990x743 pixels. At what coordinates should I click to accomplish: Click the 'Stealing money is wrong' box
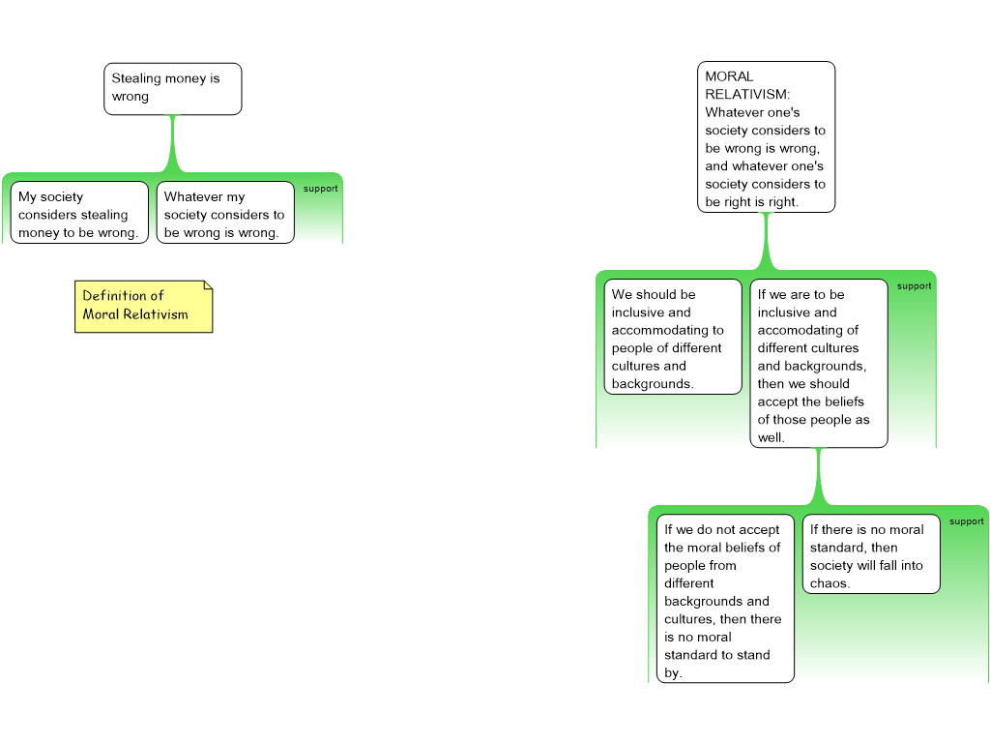172,89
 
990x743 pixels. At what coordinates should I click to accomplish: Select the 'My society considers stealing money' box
79,214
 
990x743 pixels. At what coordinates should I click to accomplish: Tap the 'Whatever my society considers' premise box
225,214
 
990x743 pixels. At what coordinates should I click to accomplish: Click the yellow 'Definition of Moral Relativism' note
143,307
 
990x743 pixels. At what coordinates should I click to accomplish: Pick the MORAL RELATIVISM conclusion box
766,137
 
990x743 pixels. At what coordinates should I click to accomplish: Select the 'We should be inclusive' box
673,338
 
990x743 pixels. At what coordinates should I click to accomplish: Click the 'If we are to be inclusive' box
818,364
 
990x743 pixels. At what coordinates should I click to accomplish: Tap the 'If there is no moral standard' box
870,554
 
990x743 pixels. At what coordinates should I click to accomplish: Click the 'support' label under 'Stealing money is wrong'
320,189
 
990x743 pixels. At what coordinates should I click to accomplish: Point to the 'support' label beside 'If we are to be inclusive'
914,286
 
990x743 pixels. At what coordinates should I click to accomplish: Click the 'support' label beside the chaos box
966,521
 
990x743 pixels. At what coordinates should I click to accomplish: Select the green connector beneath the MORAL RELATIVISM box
767,242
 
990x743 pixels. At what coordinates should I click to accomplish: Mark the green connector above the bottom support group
819,477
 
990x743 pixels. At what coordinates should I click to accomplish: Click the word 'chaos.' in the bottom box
830,583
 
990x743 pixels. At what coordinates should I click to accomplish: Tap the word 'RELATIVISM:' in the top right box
747,95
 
